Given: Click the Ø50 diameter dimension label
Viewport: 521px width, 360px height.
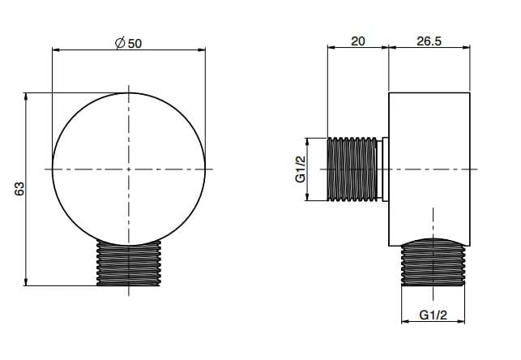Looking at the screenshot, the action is [128, 43].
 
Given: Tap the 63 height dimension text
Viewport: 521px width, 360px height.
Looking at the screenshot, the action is [19, 189].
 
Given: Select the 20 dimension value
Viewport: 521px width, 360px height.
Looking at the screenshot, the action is [358, 41].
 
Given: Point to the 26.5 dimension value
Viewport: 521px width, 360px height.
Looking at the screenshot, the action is [429, 41].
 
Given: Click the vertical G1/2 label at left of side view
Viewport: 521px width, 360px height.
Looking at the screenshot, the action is [301, 169].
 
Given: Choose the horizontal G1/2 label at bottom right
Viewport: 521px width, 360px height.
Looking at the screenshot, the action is [433, 315].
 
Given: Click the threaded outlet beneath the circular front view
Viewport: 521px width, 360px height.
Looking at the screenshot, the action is [129, 263].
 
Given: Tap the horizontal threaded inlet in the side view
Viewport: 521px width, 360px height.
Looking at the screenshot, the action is [352, 169].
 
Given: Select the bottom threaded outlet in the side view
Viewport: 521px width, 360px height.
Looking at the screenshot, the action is [433, 263].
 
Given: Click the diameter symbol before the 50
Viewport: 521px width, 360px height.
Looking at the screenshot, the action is [120, 43].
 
